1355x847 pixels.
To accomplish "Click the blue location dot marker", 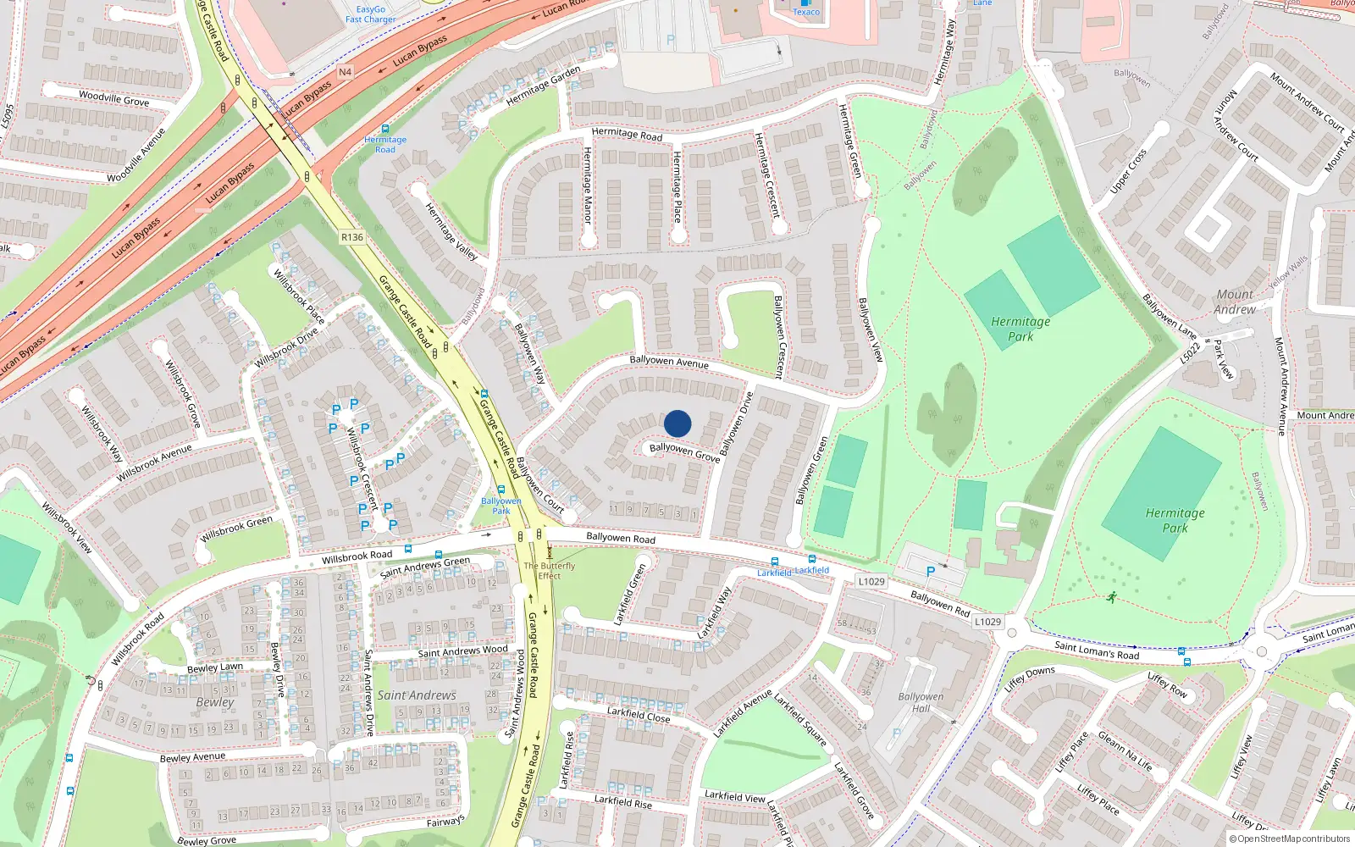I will pos(677,423).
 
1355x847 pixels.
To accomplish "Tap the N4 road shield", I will pos(345,72).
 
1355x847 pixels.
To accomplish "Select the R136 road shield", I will pos(352,237).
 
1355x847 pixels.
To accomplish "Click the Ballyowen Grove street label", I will pos(684,451).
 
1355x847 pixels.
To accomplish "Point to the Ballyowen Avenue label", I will pos(669,362).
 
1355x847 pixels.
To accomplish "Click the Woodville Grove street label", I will pos(113,98).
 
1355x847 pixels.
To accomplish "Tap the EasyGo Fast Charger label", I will pos(370,14).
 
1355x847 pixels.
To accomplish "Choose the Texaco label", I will pos(806,12).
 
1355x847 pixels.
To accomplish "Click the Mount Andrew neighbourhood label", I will pos(1235,302).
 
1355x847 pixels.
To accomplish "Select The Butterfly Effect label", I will pos(549,571).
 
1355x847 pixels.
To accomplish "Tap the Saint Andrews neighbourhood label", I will pos(417,695).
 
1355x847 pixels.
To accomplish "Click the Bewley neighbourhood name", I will pos(215,702).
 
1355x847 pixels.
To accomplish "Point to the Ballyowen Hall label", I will pos(921,703).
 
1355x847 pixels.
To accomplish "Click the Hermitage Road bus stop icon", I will pos(385,129).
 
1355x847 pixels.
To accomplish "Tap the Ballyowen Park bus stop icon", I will pos(501,490).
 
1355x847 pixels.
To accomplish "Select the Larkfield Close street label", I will pos(639,715).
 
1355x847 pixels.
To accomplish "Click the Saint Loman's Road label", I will pos(1097,650).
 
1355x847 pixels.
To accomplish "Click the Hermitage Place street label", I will pos(677,186).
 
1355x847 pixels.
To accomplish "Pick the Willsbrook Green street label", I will pos(236,529).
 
